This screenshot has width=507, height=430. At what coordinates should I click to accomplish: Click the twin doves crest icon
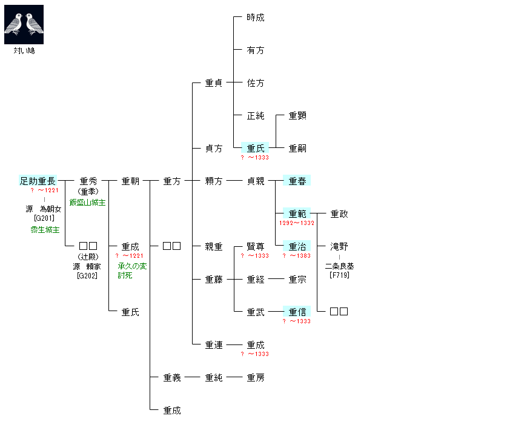click(24, 24)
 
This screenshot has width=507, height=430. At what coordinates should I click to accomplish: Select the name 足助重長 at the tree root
click(38, 181)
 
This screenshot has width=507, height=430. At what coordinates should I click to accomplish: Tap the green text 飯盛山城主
click(87, 203)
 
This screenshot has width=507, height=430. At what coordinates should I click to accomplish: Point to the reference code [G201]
click(45, 218)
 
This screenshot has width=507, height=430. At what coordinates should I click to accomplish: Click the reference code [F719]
click(339, 275)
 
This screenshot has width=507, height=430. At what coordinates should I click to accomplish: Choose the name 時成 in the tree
click(256, 18)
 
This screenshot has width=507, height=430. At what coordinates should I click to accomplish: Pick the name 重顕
click(297, 115)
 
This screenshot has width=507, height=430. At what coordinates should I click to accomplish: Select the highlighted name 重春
click(297, 181)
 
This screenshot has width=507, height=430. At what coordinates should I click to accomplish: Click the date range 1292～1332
click(297, 223)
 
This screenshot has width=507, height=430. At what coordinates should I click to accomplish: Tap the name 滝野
click(339, 247)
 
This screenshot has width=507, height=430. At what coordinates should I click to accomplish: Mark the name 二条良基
click(339, 266)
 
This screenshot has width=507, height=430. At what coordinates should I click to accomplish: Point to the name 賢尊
click(256, 247)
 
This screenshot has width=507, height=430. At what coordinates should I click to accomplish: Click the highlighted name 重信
click(297, 312)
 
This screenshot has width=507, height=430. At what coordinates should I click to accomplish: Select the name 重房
click(256, 378)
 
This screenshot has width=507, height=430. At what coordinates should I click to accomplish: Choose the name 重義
click(172, 378)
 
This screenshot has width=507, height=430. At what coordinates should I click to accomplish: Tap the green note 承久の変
click(133, 266)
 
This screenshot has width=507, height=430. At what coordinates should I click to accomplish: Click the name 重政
click(339, 213)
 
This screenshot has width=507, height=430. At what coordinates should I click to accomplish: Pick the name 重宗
click(297, 280)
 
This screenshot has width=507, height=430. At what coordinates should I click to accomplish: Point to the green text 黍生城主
click(45, 230)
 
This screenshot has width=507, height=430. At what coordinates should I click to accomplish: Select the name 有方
click(256, 50)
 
